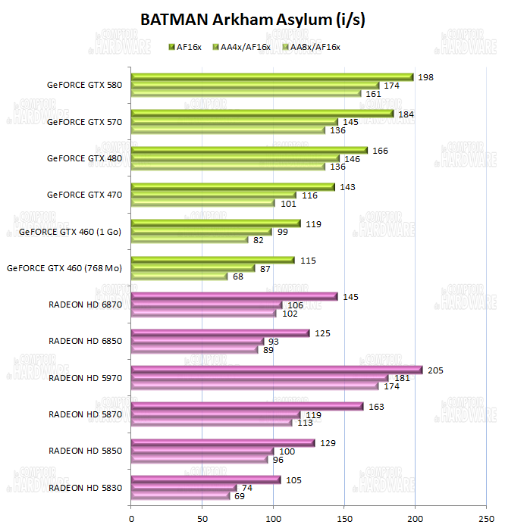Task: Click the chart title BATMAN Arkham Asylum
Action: point(252,20)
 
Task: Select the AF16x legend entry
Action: point(187,47)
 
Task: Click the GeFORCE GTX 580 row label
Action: point(83,85)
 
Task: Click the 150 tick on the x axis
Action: point(344,519)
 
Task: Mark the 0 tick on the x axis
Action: point(131,519)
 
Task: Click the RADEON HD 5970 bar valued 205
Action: point(277,370)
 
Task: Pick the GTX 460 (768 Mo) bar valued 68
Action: point(180,276)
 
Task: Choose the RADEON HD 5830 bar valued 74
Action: point(184,488)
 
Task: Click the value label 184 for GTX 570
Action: point(406,114)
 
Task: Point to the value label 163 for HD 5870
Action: point(377,406)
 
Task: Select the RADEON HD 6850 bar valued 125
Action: point(221,333)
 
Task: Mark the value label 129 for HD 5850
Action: point(328,442)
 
